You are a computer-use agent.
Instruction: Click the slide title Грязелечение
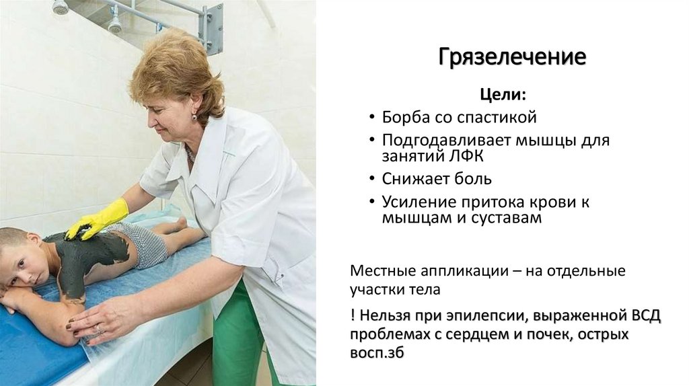tap(512, 57)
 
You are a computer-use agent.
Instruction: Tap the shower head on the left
tap(60, 7)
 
